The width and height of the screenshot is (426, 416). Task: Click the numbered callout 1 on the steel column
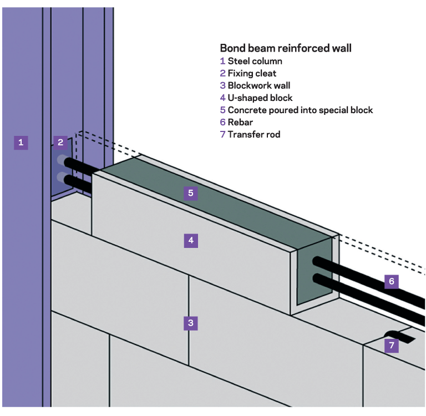21,143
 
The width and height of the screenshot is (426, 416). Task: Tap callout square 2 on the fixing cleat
61,143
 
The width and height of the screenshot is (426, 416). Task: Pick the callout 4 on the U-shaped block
191,241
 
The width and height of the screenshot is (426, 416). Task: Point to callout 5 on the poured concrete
191,193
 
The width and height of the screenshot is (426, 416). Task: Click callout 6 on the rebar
392,282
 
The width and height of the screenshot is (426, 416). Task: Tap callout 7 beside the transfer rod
392,346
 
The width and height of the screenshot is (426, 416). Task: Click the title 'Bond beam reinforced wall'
285,48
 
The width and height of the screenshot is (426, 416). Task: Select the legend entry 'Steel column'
255,62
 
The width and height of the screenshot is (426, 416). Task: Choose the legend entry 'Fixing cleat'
252,73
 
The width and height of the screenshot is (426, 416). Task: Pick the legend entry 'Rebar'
240,122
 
